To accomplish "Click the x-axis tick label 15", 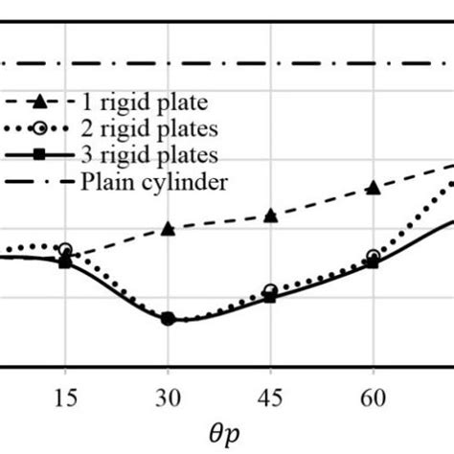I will point(65,394).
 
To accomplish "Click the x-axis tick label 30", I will point(168,394).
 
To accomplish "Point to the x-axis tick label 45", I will point(271,394).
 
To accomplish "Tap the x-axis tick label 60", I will point(374,394).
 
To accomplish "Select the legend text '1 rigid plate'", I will point(150,102).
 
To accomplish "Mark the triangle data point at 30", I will point(168,229).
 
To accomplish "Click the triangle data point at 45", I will point(271,216).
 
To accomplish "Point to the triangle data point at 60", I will point(374,188).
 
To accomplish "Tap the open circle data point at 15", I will point(65,250).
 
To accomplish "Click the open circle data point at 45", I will point(271,290).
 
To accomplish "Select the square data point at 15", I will point(65,261).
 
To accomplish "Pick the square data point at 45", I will point(271,297).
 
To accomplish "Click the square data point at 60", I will point(374,262).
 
